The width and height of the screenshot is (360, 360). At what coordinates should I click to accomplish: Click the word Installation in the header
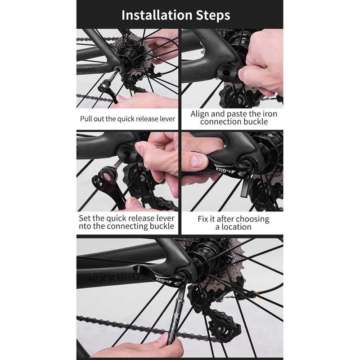(157, 15)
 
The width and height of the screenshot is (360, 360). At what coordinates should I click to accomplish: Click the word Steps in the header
(213, 15)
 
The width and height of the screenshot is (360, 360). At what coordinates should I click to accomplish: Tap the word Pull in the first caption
(86, 119)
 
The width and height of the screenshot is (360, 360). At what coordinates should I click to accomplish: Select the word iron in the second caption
(270, 114)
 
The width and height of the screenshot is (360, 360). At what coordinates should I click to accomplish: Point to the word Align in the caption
(200, 114)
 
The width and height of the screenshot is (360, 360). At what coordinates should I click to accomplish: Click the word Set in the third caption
(85, 218)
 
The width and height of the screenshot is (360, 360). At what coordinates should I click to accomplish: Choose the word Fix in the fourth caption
(203, 219)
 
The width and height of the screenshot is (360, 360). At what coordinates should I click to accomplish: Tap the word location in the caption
(236, 227)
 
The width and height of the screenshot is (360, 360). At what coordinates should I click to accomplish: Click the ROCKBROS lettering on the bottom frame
(114, 279)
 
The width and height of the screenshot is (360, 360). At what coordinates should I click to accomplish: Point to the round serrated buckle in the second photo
(227, 73)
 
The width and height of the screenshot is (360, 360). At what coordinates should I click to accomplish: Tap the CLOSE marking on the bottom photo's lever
(139, 269)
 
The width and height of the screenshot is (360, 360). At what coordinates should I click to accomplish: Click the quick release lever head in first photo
(104, 85)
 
